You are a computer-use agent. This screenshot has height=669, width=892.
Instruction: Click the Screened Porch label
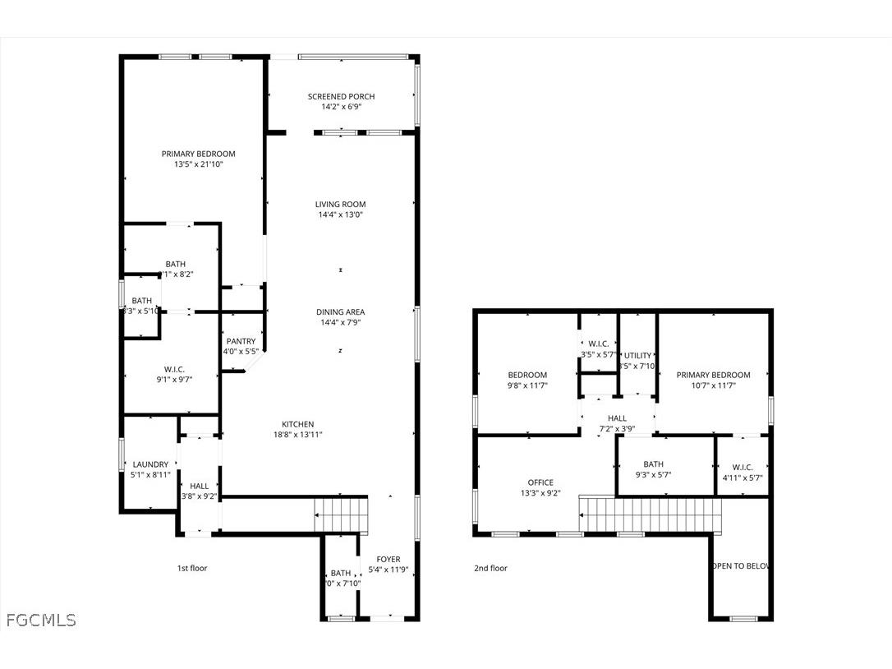(341, 96)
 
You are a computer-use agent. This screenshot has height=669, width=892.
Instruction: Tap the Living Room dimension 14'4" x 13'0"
(341, 215)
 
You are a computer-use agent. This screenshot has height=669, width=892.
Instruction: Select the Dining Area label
(341, 312)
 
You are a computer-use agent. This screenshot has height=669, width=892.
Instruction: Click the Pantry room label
(241, 341)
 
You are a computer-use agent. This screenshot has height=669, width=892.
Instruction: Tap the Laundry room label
(150, 464)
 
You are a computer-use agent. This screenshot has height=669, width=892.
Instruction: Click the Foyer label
(389, 560)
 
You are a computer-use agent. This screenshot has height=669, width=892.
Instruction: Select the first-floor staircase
(341, 514)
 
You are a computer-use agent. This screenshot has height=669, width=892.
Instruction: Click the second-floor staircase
(651, 514)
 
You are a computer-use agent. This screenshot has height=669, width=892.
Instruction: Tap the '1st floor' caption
(192, 568)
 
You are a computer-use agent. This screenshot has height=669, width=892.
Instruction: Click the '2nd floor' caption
(490, 568)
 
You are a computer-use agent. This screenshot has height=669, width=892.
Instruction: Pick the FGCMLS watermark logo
(41, 620)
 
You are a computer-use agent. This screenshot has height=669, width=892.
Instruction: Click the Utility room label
(637, 356)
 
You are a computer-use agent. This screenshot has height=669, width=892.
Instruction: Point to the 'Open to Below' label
(742, 566)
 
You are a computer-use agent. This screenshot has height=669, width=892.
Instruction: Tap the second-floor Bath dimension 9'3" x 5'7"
(654, 474)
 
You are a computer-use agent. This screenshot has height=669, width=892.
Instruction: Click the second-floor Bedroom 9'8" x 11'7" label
(526, 375)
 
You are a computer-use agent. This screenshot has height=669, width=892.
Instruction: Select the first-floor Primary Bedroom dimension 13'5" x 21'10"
(198, 164)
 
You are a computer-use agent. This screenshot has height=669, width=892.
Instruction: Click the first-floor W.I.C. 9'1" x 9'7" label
(174, 369)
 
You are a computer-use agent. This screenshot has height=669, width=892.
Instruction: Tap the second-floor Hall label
(617, 418)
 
